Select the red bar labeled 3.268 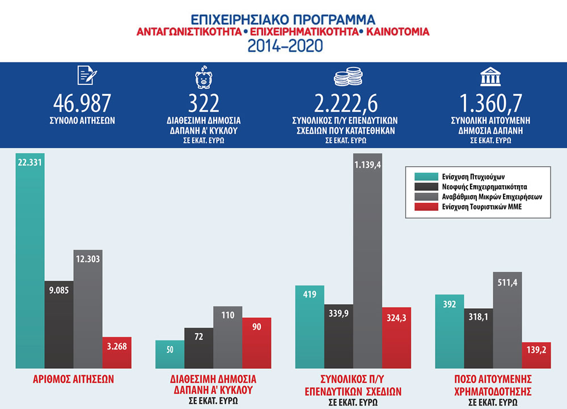(x=117, y=353)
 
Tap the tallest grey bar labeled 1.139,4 (x=367, y=261)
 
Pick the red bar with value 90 (x=256, y=343)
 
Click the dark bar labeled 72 (x=198, y=348)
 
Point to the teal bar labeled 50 (x=170, y=355)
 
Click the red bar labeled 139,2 (x=535, y=355)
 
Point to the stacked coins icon (x=347, y=78)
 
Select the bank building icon (x=488, y=77)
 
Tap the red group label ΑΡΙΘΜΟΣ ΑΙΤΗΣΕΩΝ (x=74, y=378)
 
